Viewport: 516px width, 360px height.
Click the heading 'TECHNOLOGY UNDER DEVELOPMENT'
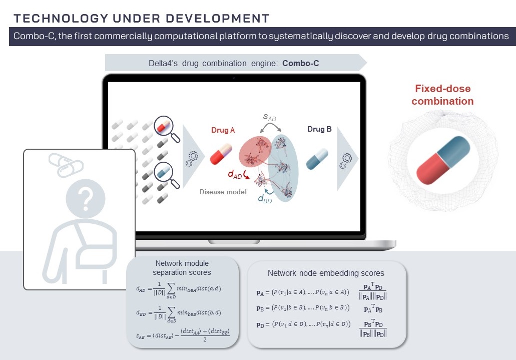[x=142, y=19]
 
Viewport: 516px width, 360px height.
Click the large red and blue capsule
[x=443, y=162]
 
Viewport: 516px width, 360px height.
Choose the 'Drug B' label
[x=319, y=129]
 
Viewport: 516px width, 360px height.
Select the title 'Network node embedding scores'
[x=326, y=273]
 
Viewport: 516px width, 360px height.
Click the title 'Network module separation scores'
[x=182, y=268]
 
